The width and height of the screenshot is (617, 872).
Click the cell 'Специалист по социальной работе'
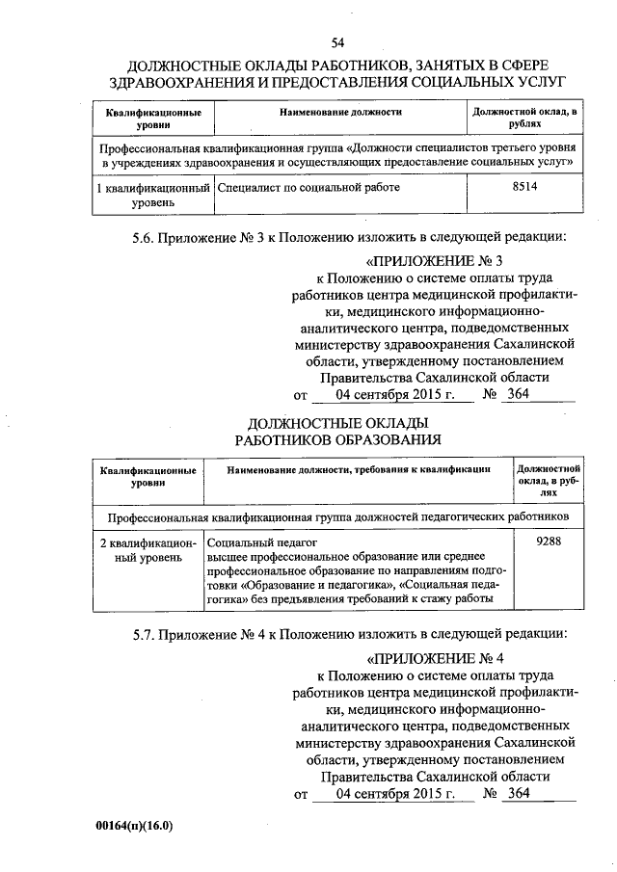pos(308,189)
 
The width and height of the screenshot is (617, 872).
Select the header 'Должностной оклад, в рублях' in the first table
pos(524,119)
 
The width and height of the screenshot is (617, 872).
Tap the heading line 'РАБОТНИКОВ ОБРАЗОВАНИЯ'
pos(338,439)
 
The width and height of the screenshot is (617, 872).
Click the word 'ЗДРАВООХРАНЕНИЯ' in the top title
pos(187,82)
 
